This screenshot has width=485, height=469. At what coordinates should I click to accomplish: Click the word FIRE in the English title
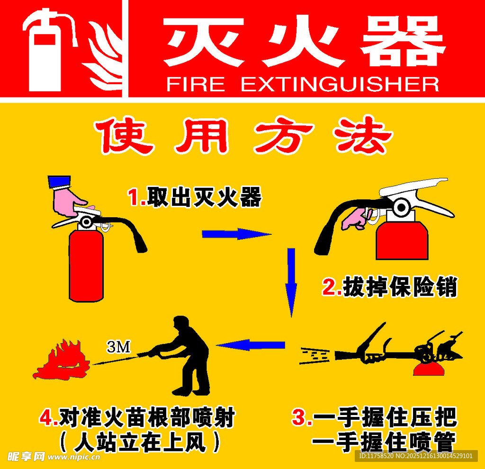(195, 84)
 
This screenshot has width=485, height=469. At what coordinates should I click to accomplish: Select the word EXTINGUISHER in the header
(340, 84)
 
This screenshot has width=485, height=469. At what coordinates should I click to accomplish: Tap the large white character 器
(403, 42)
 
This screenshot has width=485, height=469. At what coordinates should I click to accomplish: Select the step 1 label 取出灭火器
(204, 197)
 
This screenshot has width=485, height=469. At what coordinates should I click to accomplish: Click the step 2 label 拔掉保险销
(399, 287)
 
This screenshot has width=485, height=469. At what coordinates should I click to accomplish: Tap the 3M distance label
(118, 347)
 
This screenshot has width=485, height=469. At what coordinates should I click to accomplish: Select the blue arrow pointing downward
(291, 282)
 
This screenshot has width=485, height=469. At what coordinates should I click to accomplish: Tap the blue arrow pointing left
(251, 345)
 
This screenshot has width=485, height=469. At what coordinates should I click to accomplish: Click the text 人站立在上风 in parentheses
(140, 442)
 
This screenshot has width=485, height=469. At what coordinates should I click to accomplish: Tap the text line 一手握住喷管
(384, 441)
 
